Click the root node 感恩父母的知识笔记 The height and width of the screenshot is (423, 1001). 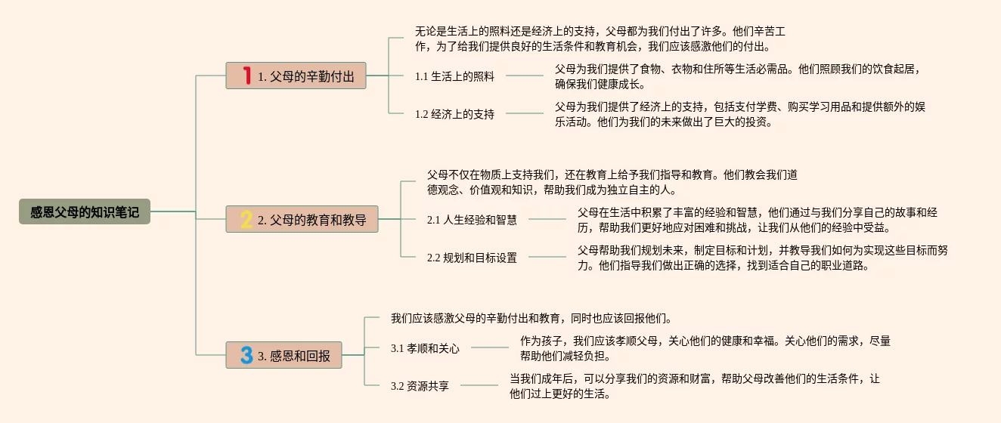point(85,212)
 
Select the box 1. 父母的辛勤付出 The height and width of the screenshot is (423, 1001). point(296,76)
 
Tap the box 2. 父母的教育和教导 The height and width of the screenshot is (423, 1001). point(302,219)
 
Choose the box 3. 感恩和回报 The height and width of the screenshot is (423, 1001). point(284,355)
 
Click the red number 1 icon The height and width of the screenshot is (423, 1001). point(246,76)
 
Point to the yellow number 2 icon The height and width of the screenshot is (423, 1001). point(246,219)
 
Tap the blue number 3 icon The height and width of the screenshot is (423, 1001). point(246,355)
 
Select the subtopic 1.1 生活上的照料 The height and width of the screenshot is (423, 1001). point(454,76)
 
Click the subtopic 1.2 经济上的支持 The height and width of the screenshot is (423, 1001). point(454,114)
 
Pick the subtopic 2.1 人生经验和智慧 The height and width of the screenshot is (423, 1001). point(472,220)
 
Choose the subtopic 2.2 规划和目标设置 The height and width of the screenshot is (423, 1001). point(472,258)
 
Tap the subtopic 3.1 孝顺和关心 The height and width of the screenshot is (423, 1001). point(425,348)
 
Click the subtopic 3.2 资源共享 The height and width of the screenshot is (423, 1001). point(420,386)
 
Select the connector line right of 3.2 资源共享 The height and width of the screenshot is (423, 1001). point(479,385)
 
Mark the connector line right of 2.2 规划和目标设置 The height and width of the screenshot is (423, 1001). point(547,257)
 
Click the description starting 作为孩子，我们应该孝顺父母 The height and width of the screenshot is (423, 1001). point(705,348)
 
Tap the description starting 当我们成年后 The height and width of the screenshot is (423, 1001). point(694,386)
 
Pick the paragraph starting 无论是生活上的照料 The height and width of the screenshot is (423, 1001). point(601,39)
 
